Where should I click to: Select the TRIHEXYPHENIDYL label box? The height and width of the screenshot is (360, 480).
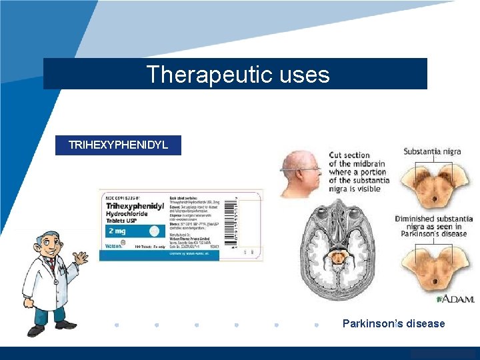[118, 145]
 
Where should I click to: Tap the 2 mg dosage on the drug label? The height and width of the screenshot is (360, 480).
[117, 231]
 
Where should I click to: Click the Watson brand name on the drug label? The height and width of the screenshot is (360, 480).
[114, 246]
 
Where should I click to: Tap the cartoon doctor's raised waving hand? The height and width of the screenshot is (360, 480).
[81, 257]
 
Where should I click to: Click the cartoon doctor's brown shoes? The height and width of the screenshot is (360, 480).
[51, 327]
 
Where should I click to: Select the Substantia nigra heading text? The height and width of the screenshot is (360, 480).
[431, 152]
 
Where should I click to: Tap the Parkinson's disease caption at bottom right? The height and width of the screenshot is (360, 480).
[393, 323]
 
